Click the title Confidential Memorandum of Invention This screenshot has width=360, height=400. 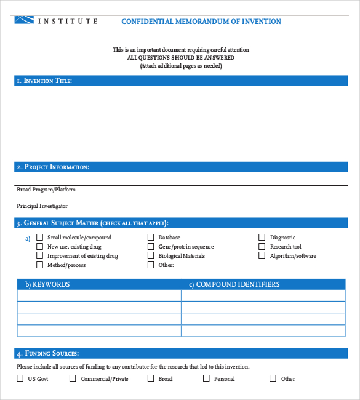201,22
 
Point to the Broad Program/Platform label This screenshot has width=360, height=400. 46,190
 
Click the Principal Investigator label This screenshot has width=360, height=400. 42,206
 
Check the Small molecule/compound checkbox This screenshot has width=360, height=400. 40,237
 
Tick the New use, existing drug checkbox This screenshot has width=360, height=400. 40,246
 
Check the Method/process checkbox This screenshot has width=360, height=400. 40,265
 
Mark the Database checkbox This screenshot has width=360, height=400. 151,237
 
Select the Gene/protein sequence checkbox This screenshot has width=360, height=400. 151,246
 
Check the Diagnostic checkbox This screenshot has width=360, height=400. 262,237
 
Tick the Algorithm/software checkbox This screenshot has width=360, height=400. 262,255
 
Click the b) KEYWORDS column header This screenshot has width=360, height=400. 47,284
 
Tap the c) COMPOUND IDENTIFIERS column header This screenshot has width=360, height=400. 234,284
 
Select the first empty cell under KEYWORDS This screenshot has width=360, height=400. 99,295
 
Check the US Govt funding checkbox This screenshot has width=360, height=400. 20,378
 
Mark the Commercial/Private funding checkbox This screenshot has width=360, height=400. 73,378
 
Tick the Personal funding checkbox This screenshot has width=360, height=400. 206,378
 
